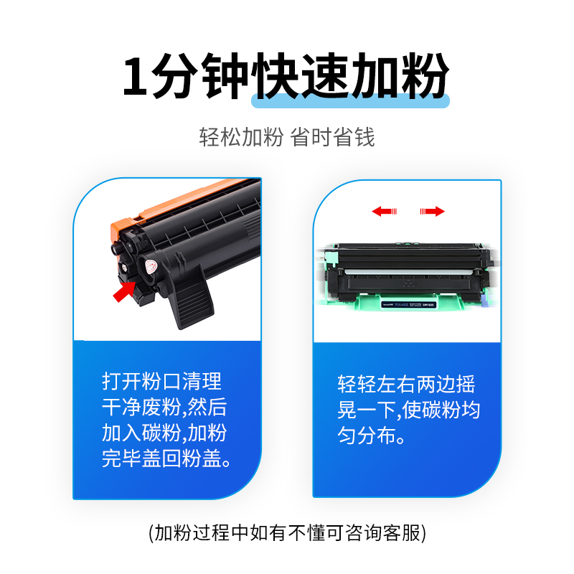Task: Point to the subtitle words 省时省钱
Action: click(332, 137)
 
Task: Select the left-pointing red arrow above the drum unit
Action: click(385, 211)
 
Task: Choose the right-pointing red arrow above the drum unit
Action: click(432, 211)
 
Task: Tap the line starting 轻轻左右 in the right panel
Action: click(406, 385)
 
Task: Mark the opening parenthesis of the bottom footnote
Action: click(151, 532)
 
